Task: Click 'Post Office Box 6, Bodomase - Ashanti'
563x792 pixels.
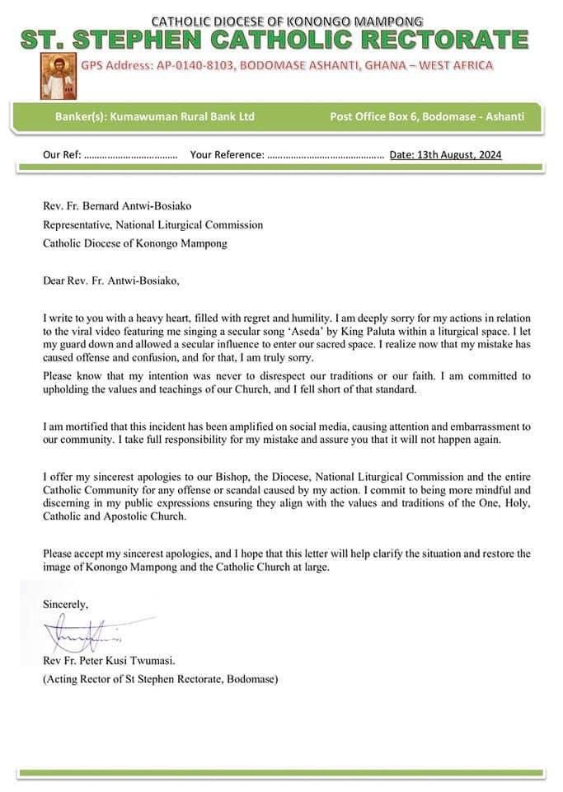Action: [x=426, y=117]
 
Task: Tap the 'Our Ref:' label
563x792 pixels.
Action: [x=62, y=154]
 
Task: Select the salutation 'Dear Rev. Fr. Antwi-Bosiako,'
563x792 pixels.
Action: [x=110, y=280]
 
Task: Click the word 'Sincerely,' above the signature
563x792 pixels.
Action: [x=65, y=604]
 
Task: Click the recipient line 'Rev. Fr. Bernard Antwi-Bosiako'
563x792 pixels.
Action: [x=121, y=206]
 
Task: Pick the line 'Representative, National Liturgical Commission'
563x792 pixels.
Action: [x=153, y=224]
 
